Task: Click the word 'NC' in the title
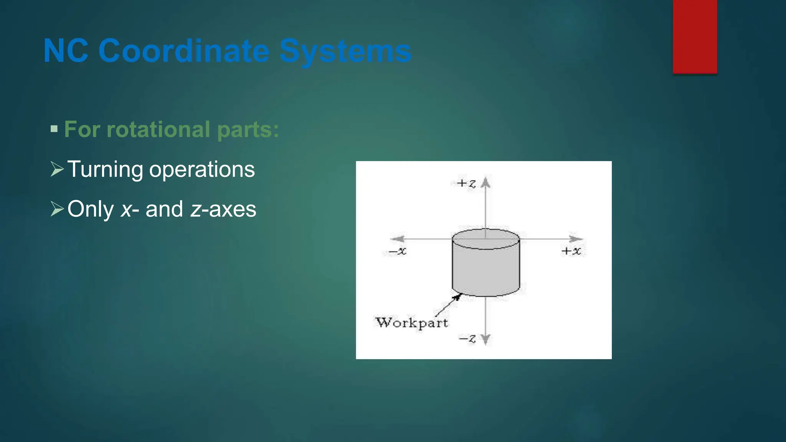point(66,51)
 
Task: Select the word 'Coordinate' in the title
point(184,51)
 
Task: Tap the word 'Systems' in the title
point(345,51)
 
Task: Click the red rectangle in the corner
point(695,36)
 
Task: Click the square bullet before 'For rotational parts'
point(54,129)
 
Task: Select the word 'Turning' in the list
point(105,169)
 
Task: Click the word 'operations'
point(202,169)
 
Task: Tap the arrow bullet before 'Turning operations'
point(57,169)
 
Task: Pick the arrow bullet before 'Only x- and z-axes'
point(57,209)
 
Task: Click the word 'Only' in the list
point(91,209)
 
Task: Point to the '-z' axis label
point(467,339)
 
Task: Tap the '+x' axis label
point(571,251)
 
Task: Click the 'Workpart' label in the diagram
point(412,323)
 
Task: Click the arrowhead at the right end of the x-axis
point(576,239)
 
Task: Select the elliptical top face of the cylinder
point(486,239)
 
